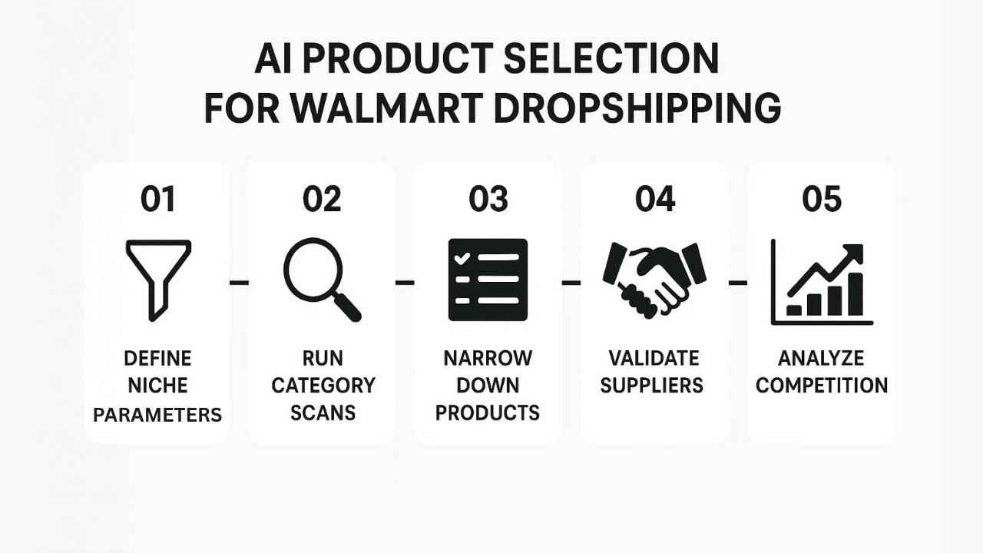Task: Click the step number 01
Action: (157, 199)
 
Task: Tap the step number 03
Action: (488, 199)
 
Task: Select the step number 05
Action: (822, 199)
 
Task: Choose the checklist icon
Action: (488, 280)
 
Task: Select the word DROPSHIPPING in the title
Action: (637, 108)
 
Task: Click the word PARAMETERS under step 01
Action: (157, 415)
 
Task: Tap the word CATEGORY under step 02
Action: (323, 386)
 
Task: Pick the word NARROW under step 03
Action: (488, 358)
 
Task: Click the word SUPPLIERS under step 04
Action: (652, 386)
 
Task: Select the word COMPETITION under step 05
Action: (822, 386)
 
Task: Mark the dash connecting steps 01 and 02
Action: (240, 283)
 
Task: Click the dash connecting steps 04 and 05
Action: (738, 283)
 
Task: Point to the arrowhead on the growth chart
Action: (853, 253)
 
